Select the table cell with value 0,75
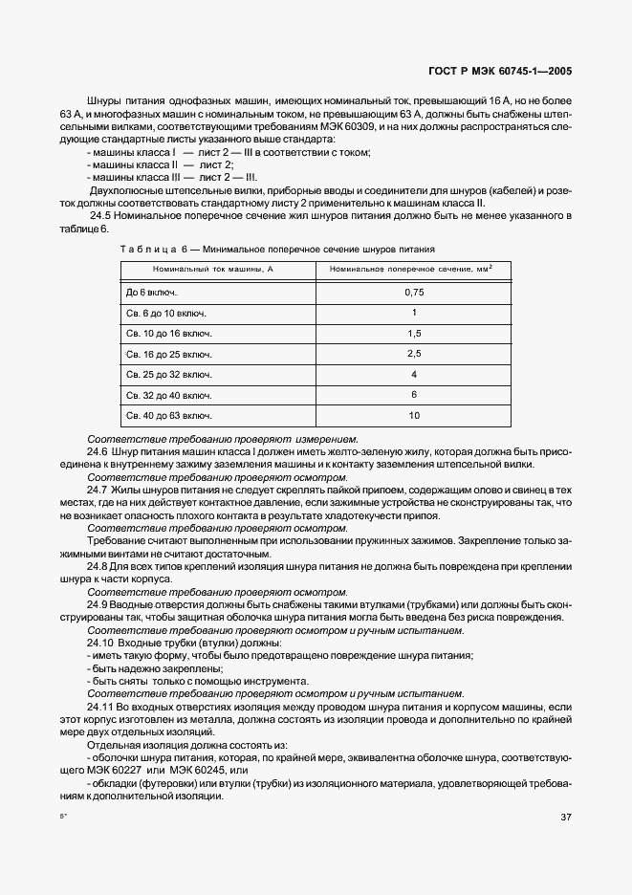pos(413,292)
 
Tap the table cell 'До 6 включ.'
pos(152,292)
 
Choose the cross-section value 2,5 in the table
pos(413,354)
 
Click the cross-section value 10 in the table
pos(413,416)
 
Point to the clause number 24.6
pos(97,448)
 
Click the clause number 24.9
pos(97,605)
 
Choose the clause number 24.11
pos(100,705)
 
